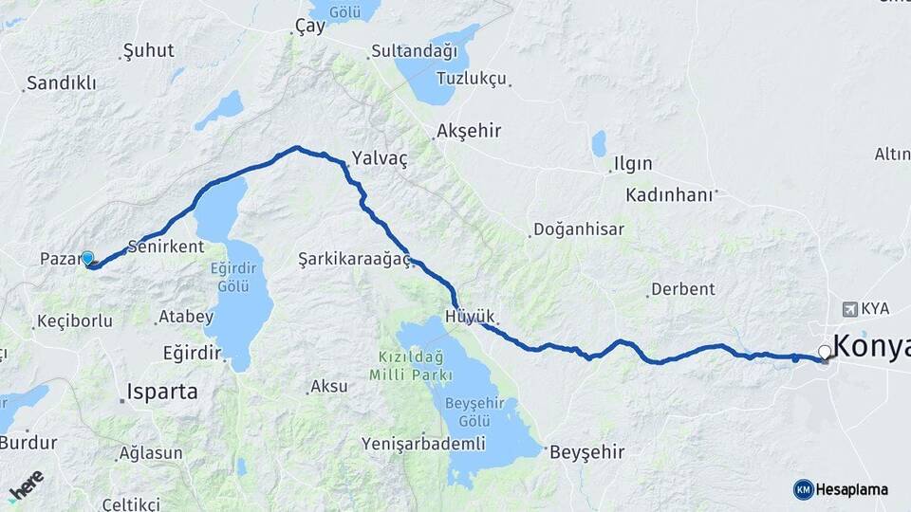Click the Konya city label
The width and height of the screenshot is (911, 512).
871,344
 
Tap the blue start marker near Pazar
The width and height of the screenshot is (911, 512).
87,258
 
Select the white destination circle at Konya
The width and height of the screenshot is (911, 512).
825,353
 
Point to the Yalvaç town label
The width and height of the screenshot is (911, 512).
379,158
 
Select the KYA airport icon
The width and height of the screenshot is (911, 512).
850,308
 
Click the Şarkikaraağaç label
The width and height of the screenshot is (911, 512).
354,259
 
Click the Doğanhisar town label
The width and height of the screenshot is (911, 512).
578,229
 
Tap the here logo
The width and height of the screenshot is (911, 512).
26,485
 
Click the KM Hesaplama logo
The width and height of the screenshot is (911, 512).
841,489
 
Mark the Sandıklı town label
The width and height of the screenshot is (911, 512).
62,83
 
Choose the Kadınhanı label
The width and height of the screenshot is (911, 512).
668,194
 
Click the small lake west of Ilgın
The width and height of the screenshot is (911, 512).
599,143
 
